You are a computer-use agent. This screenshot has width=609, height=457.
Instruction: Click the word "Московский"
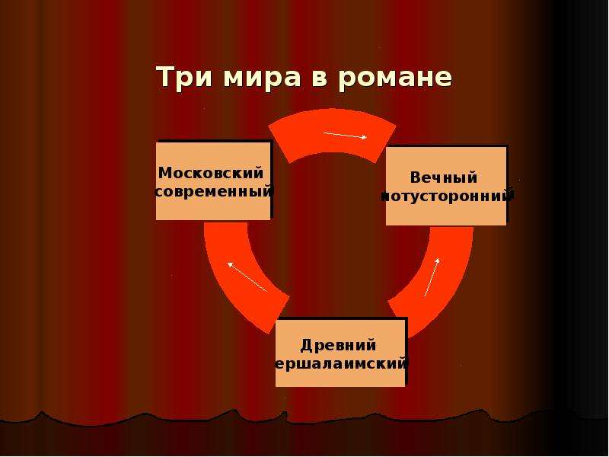coord(211,173)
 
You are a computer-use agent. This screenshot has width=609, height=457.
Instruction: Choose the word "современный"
coord(214,192)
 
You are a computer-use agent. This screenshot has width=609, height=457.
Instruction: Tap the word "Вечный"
coord(444,177)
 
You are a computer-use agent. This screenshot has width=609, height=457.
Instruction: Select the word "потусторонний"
coord(447,196)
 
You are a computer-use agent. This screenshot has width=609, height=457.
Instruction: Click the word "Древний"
coord(338,345)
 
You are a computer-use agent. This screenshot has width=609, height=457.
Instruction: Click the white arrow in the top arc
coord(346,135)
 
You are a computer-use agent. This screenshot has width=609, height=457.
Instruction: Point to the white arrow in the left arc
coord(247,276)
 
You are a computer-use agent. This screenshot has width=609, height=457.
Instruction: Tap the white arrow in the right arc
coord(432,277)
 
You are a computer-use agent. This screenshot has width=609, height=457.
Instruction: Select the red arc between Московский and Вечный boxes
coord(332,130)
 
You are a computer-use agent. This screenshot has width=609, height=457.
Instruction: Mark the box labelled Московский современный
coord(213,181)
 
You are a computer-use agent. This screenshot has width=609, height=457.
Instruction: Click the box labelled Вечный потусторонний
coord(446,186)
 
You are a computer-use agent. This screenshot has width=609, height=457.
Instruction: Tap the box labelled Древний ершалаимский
coord(340,353)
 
